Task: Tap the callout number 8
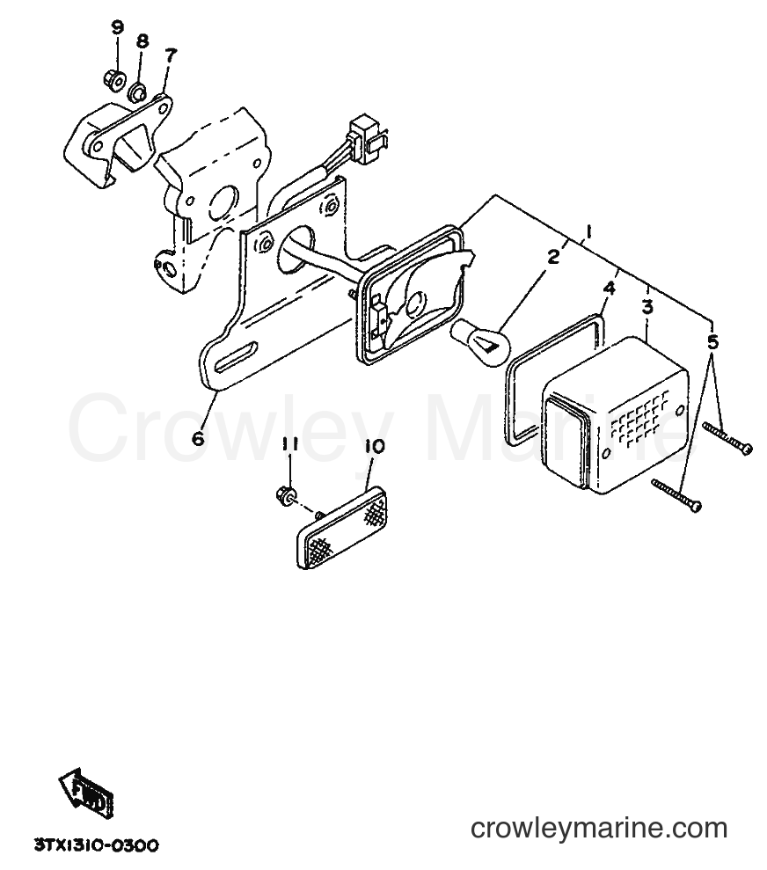pos(142,41)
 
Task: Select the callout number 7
pos(171,55)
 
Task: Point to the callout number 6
pos(198,438)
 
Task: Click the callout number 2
pos(553,256)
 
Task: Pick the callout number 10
pos(375,445)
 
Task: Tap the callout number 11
pos(289,444)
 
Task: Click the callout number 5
pos(712,342)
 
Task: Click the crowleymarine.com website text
pos(599,829)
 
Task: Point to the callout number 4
pos(610,289)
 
